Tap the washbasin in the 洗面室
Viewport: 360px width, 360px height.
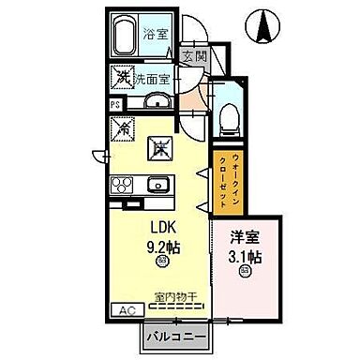point(158,100)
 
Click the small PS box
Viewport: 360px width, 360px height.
point(115,105)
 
